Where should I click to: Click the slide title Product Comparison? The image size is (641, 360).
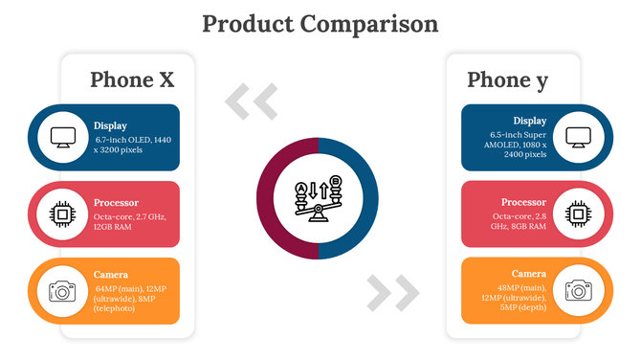pyautogui.click(x=320, y=23)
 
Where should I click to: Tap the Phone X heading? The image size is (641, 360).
pyautogui.click(x=132, y=79)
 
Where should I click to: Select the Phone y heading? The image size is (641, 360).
pyautogui.click(x=507, y=79)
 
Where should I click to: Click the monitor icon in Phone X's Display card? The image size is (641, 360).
pyautogui.click(x=63, y=137)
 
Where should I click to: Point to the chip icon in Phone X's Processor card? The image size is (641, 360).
pyautogui.click(x=63, y=214)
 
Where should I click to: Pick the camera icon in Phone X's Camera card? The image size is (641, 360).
pyautogui.click(x=63, y=291)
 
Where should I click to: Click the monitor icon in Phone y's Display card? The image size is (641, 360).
pyautogui.click(x=577, y=137)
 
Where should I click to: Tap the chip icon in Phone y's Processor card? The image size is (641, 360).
pyautogui.click(x=577, y=214)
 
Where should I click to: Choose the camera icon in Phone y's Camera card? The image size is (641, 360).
pyautogui.click(x=577, y=291)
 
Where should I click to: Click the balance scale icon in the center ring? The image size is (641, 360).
pyautogui.click(x=320, y=198)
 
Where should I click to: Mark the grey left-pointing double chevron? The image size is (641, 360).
pyautogui.click(x=251, y=101)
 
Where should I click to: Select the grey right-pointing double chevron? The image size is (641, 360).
pyautogui.click(x=392, y=293)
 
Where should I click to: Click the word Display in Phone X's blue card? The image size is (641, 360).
pyautogui.click(x=110, y=125)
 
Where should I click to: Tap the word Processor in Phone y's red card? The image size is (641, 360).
pyautogui.click(x=523, y=202)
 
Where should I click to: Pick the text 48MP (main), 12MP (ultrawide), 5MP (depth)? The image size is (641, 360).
pyautogui.click(x=521, y=298)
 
